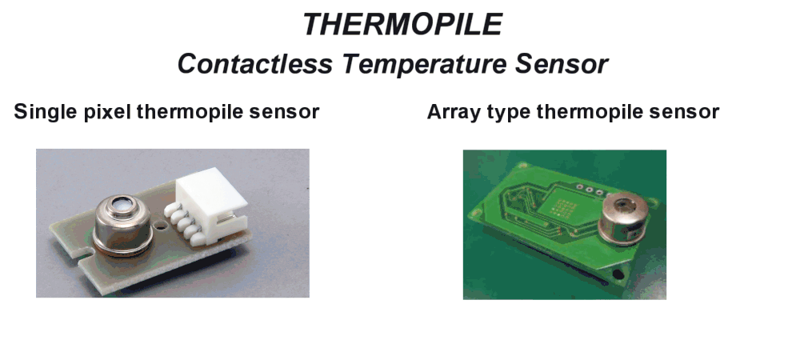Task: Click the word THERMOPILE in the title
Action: pos(402,24)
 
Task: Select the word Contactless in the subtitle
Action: pos(254,64)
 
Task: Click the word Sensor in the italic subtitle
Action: pos(562,64)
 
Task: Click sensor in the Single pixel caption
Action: pos(284,112)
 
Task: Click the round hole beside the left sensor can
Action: pos(162,224)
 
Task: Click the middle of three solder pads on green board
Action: pos(590,190)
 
